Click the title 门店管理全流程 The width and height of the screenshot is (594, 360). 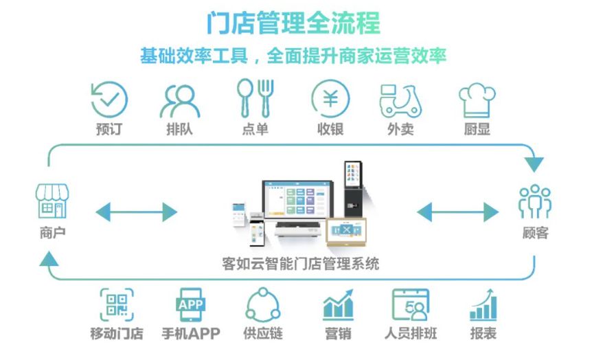coord(293,23)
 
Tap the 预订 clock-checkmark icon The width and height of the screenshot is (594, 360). coord(109,99)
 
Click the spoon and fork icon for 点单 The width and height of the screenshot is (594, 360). coord(255,98)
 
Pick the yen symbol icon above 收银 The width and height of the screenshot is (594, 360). coord(330,99)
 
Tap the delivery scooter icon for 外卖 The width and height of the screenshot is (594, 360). coord(400,100)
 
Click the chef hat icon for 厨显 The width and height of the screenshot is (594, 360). coord(477,100)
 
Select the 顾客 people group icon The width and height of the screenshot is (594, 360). coord(535,202)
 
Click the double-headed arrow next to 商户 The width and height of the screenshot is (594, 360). coord(136,212)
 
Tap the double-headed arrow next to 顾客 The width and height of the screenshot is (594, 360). coord(458,212)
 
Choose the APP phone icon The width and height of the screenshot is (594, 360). coord(191,305)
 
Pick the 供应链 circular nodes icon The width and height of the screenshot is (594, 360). coord(263,305)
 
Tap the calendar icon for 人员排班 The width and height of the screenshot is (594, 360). coord(411,305)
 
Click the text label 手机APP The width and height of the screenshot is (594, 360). coord(191,334)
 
